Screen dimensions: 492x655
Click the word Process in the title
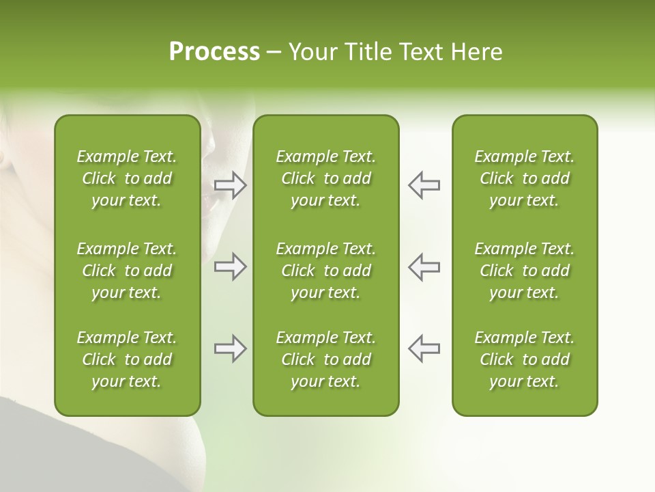(214, 52)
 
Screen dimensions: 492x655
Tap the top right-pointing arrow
(230, 185)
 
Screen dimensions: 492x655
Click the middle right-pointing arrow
(230, 266)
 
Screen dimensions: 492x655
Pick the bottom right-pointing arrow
(230, 348)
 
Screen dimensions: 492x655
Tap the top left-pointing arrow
(424, 185)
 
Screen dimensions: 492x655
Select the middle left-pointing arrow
(424, 266)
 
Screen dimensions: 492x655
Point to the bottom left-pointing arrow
(424, 348)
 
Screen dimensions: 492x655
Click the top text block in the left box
(127, 178)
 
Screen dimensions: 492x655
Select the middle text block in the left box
(127, 271)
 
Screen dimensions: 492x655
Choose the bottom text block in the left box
(127, 359)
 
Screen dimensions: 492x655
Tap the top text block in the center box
(325, 178)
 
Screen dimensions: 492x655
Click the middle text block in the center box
(325, 271)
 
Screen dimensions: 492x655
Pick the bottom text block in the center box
(325, 359)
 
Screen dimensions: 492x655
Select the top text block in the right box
(524, 178)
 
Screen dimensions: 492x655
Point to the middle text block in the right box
(524, 271)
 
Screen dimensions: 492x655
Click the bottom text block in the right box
(524, 359)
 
